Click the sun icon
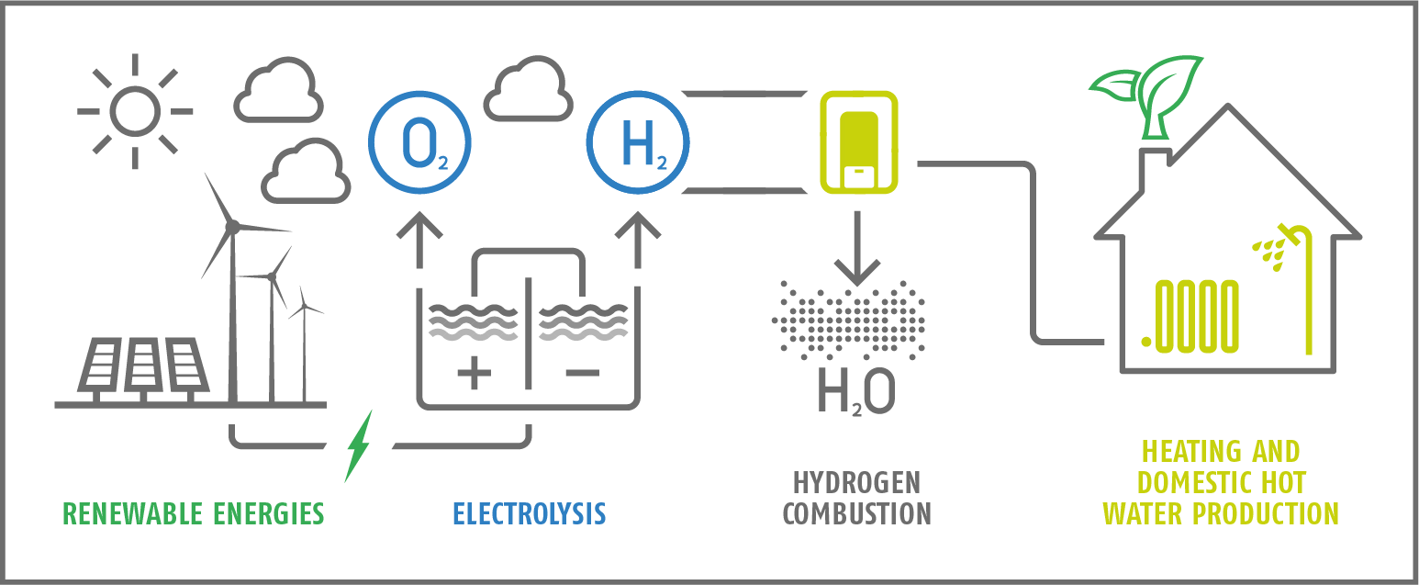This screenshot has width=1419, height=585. (x=135, y=111)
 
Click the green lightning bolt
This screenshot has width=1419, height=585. (x=359, y=445)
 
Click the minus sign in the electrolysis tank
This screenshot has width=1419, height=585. (x=583, y=372)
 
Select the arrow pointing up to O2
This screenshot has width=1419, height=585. (x=419, y=240)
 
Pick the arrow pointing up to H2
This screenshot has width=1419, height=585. (x=638, y=240)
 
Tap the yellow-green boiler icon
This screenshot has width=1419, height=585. (x=859, y=142)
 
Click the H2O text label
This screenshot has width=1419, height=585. (x=856, y=391)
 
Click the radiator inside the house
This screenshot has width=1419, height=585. (x=1190, y=316)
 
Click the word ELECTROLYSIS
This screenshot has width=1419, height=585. (x=530, y=514)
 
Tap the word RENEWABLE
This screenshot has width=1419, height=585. (x=134, y=514)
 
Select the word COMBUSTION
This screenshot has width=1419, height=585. (x=857, y=514)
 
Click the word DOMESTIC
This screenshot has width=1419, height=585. (x=1189, y=483)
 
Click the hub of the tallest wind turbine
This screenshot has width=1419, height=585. (x=232, y=226)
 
